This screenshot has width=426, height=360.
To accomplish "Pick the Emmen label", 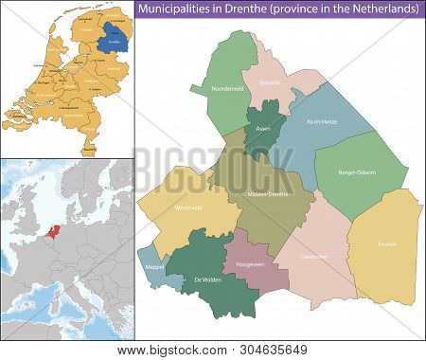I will tap(385, 244).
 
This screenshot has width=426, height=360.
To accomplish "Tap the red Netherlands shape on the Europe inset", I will tap(47, 230).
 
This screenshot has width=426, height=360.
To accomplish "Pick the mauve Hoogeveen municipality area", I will tap(256, 256).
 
